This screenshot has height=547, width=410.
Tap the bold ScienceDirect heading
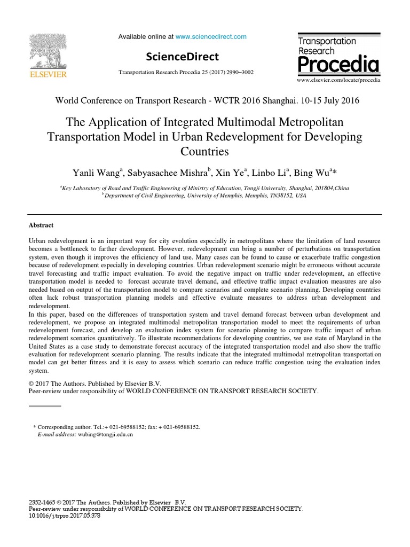click(x=182, y=57)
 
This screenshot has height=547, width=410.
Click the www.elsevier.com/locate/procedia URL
click(x=338, y=80)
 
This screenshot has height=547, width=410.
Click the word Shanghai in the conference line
click(x=278, y=100)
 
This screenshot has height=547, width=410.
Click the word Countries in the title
click(x=205, y=151)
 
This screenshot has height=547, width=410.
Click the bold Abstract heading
click(x=41, y=225)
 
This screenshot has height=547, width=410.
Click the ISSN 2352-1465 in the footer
click(x=42, y=502)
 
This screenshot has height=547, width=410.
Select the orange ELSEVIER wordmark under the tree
click(x=48, y=75)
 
